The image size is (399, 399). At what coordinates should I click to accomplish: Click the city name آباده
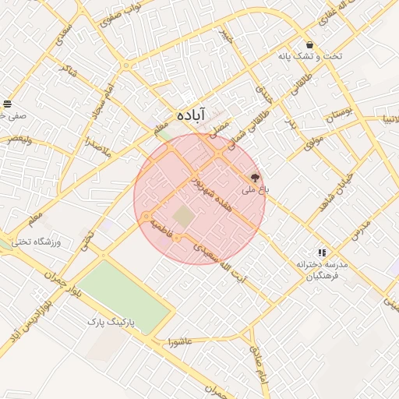[x=191, y=115]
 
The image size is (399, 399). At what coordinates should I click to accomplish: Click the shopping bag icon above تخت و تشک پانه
[x=310, y=44]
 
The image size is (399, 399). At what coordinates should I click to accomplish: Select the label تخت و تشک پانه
[x=311, y=57]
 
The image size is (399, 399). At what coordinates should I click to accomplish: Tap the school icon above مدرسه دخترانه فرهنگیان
[x=321, y=252]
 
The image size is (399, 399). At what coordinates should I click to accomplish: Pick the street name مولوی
[x=314, y=138]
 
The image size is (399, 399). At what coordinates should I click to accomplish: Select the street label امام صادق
[x=257, y=360]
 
